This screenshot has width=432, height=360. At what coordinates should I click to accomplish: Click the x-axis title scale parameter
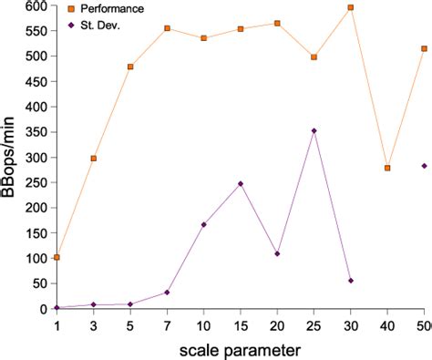241,348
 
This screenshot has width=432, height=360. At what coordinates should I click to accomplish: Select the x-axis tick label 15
241,324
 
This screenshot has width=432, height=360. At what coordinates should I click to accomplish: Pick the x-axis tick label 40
387,324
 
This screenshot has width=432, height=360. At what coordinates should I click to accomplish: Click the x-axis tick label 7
167,324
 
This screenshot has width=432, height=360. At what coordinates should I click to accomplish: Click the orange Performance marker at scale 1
57,257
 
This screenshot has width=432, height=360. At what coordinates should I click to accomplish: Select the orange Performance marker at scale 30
351,7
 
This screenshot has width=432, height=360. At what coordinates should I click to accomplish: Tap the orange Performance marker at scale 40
387,168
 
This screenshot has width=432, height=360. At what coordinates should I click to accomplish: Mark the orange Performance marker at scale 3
94,159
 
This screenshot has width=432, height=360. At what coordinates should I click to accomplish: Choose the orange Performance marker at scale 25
314,57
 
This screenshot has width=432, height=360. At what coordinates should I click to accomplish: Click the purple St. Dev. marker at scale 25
314,130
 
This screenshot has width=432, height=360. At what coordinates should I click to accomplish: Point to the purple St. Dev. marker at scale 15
241,184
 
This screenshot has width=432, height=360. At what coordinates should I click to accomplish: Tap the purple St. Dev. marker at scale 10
203,224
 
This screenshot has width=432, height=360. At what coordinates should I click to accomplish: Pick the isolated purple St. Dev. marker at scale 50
424,166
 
